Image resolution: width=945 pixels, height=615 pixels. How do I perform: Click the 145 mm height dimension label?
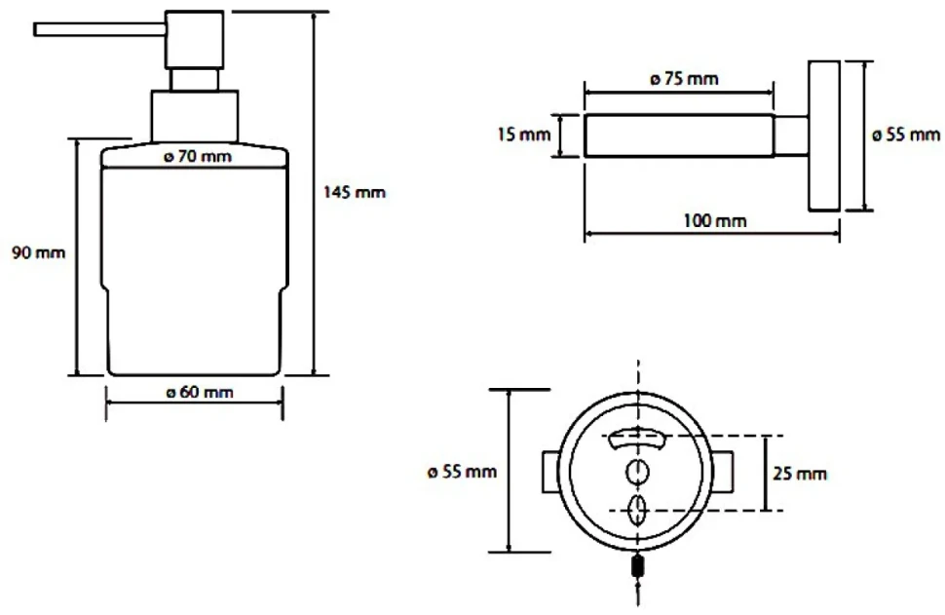[355, 192]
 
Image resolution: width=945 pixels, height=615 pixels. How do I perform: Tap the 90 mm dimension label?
[39, 252]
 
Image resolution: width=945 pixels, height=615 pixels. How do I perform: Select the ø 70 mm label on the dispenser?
[198, 157]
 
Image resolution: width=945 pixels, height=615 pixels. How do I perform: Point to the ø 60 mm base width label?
[200, 393]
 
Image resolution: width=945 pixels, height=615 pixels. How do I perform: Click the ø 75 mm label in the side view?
[685, 79]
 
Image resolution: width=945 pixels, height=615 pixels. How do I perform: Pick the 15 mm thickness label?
[524, 134]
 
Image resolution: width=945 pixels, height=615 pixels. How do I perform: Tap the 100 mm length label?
[715, 220]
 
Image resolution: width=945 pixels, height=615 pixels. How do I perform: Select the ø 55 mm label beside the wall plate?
[906, 135]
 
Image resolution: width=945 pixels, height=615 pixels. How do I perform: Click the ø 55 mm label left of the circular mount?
[462, 472]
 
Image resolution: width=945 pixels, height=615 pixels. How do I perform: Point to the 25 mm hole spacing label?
[800, 474]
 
